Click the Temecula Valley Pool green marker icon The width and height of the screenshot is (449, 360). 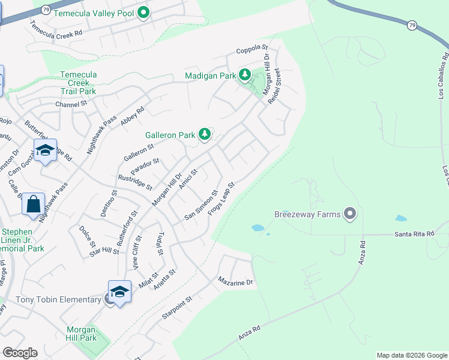tap(143, 13)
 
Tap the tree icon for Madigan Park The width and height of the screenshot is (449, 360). tap(244, 75)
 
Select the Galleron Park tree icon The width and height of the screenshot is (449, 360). tap(205, 134)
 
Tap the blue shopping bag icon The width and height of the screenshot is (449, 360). tap(34, 204)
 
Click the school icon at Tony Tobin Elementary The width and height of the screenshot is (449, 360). tap(119, 292)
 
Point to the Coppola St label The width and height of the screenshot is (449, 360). tap(251, 47)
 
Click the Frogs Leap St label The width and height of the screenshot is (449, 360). tap(220, 199)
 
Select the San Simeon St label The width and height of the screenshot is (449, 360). tap(200, 206)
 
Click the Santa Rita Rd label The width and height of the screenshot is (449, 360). tap(414, 235)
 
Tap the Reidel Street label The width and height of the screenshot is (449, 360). tap(274, 86)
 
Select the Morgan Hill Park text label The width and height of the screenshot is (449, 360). tap(80, 334)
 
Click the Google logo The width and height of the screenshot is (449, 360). tap(20, 353)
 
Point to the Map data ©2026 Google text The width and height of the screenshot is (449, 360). tap(411, 355)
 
